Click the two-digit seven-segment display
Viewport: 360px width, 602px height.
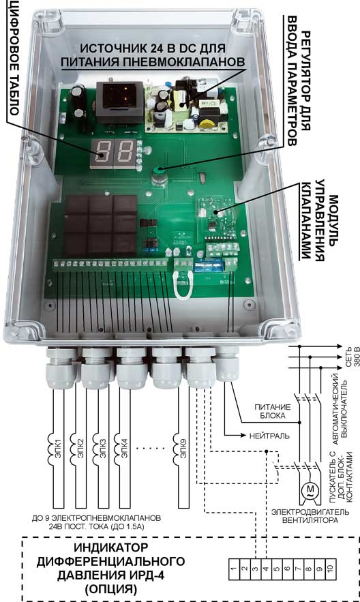click(x=114, y=153)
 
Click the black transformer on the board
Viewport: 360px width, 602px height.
click(x=120, y=101)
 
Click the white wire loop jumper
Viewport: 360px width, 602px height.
click(x=183, y=286)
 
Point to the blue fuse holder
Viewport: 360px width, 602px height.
click(x=209, y=265)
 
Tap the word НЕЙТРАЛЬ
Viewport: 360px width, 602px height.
click(x=269, y=436)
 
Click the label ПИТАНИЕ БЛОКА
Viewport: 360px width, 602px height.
click(x=273, y=411)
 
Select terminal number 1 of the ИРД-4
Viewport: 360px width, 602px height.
click(x=234, y=569)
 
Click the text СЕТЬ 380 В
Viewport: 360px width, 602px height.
click(x=352, y=357)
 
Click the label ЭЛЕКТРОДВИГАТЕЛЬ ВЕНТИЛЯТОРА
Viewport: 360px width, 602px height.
click(x=310, y=516)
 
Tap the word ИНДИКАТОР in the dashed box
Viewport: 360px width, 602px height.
click(x=111, y=547)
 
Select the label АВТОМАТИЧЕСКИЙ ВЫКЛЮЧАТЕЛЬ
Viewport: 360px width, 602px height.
click(x=340, y=409)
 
